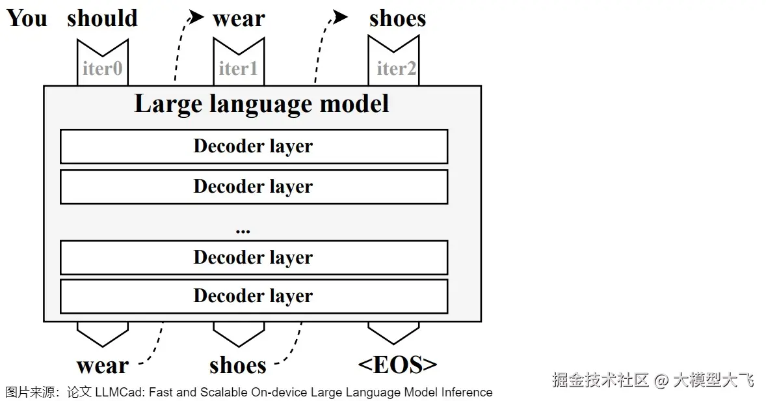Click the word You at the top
click(x=27, y=18)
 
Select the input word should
click(x=102, y=18)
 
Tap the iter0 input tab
click(x=103, y=67)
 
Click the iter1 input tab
click(x=239, y=67)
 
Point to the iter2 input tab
click(x=393, y=67)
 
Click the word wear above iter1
click(x=239, y=19)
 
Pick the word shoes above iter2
click(x=397, y=19)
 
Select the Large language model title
click(x=261, y=104)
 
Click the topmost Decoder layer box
click(x=254, y=146)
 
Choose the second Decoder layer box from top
click(x=254, y=187)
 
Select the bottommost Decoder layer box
click(x=254, y=296)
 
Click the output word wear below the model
click(x=103, y=366)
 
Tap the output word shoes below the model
click(x=238, y=366)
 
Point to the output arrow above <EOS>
click(x=393, y=332)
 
